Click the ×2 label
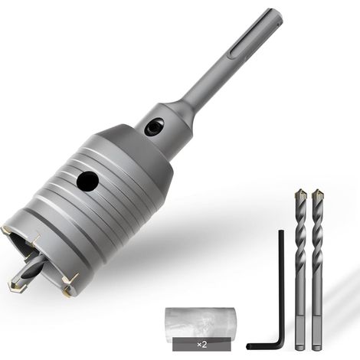coord(202,345)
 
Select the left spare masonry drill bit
coord(300,270)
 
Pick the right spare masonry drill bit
coord(317,270)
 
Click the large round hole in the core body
coord(87,181)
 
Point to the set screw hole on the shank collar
coord(154,127)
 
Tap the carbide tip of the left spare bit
coord(300,195)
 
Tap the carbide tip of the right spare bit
coord(318,195)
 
